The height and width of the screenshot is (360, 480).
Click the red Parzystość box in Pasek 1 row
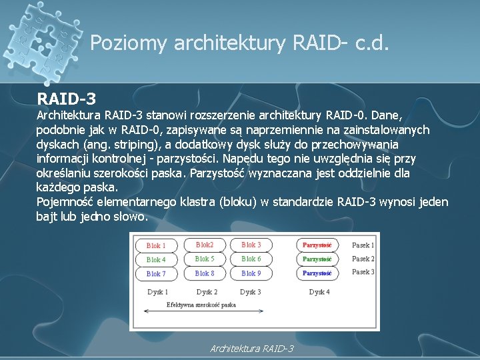[x=317, y=245]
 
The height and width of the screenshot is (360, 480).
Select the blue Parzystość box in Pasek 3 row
[x=317, y=273]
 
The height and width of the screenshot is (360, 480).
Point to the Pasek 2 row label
[x=363, y=259]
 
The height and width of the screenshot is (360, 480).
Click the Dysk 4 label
[x=319, y=292]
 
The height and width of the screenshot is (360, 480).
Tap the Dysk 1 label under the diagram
[x=157, y=292]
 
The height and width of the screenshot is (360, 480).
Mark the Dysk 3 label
[x=250, y=292]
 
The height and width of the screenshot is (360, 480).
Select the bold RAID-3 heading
[x=67, y=99]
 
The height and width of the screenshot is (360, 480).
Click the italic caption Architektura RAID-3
[x=252, y=349]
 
